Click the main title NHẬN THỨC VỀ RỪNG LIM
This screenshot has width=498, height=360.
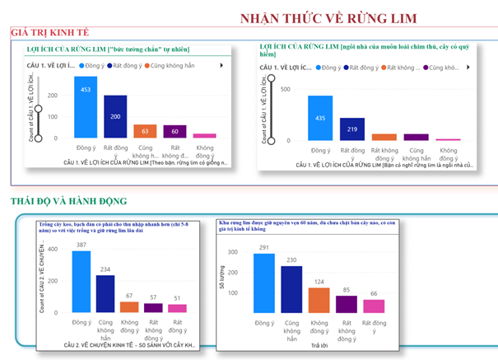point(328,18)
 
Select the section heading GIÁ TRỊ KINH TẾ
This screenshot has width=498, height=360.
point(49,32)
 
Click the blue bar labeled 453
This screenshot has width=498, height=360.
point(86,107)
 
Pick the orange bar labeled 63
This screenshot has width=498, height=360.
point(145,131)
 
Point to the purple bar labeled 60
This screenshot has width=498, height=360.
point(175,131)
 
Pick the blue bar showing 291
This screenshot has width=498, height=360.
point(263,284)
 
